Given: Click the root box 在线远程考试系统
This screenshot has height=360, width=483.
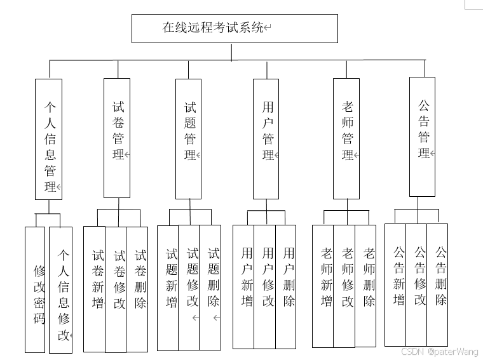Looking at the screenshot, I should pyautogui.click(x=234, y=29).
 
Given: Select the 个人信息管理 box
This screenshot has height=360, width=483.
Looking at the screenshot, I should pyautogui.click(x=49, y=138).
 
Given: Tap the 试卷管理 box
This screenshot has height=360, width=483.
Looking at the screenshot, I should pyautogui.click(x=117, y=138).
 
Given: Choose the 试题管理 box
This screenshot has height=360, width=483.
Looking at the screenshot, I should pyautogui.click(x=189, y=138).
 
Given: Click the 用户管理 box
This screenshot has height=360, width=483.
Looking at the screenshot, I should pyautogui.click(x=266, y=138).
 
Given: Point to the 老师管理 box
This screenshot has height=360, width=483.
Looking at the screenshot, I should pyautogui.click(x=346, y=138).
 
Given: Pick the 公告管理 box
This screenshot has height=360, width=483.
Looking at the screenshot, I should pyautogui.click(x=423, y=137).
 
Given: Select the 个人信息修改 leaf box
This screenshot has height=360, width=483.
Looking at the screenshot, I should pyautogui.click(x=61, y=290).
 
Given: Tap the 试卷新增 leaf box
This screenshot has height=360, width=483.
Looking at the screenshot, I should pyautogui.click(x=95, y=288).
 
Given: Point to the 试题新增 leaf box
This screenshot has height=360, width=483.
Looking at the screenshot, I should pyautogui.click(x=168, y=287).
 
